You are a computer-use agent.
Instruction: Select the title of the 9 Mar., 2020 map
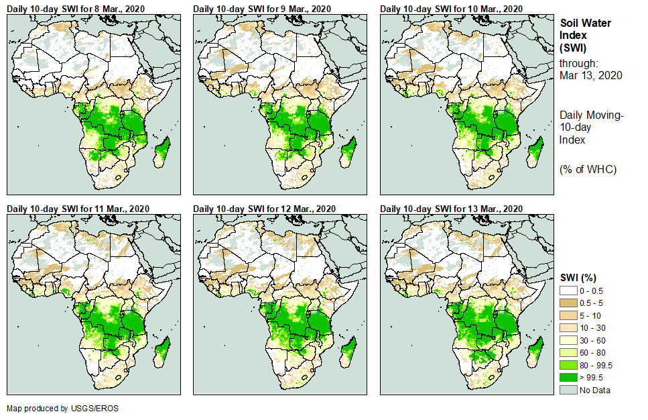pos(262,8)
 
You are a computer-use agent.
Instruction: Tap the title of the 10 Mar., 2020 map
pos(450,8)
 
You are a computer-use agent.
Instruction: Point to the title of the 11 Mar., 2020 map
pos(78,209)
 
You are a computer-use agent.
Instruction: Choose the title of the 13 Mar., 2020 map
pos(450,209)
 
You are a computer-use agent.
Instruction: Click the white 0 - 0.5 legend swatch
pos(568,291)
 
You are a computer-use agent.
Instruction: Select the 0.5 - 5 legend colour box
pos(568,303)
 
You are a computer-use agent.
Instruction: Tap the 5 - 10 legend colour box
pos(568,315)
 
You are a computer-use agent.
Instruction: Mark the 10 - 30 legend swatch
pos(568,328)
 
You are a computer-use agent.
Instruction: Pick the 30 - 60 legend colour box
pos(568,340)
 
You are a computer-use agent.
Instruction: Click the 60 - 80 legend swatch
pos(568,353)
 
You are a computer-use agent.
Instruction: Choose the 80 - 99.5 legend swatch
pos(568,365)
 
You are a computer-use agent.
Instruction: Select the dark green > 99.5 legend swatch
pos(568,378)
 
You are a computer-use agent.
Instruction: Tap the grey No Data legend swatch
pos(568,390)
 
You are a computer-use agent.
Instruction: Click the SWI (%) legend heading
pos(578,277)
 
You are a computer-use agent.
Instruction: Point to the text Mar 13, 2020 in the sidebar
pos(590,75)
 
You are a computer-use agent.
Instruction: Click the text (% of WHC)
pos(587,169)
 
